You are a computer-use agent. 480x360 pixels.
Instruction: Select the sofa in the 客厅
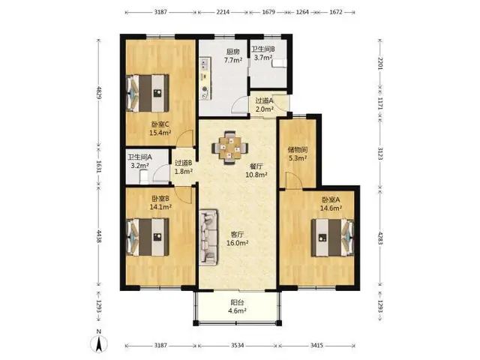(x=208, y=237)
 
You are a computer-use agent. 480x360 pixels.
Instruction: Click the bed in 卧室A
(x=332, y=237)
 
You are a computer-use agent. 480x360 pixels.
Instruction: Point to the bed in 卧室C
(x=148, y=93)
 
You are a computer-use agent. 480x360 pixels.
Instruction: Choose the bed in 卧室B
(x=148, y=237)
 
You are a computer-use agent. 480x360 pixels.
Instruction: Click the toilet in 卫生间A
(x=144, y=177)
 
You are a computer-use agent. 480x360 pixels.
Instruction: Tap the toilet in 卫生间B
(x=279, y=63)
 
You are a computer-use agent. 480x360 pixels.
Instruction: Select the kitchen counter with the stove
(x=205, y=78)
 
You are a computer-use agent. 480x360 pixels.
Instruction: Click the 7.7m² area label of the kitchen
(x=233, y=60)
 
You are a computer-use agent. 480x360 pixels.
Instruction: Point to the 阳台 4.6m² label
(x=238, y=307)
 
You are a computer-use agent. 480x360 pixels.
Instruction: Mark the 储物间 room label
(x=298, y=150)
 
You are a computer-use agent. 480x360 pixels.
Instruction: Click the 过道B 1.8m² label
(x=183, y=167)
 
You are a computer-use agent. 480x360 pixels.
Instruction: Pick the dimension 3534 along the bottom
(x=237, y=345)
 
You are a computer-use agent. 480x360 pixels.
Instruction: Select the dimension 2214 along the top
(x=223, y=12)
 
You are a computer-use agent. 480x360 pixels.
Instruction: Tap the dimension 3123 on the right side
(x=380, y=153)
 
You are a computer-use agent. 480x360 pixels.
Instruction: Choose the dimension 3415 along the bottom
(x=316, y=345)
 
